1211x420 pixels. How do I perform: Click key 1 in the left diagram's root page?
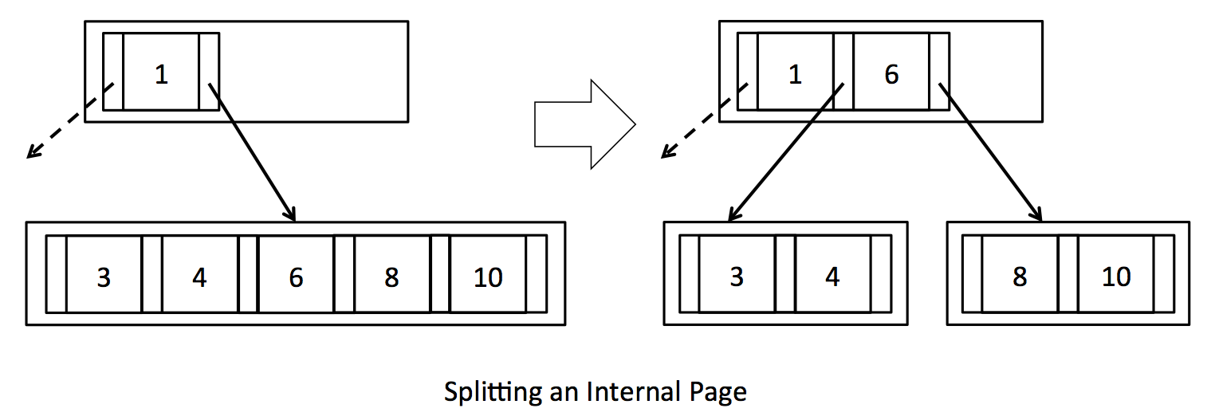(x=161, y=74)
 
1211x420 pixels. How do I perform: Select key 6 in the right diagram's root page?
(x=891, y=74)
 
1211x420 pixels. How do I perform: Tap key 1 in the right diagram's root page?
(x=795, y=74)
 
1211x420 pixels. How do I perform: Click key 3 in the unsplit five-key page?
(x=104, y=277)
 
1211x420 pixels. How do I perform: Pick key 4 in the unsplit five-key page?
(x=199, y=277)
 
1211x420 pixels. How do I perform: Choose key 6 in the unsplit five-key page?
(x=296, y=277)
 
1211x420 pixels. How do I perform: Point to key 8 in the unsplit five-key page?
(x=391, y=277)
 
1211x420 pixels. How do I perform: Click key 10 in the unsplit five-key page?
(x=488, y=277)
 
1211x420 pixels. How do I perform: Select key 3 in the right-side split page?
(x=737, y=277)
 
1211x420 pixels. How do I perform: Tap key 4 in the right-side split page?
(x=832, y=277)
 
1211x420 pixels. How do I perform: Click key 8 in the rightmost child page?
(x=1020, y=277)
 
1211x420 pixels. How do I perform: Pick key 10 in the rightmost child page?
(x=1116, y=277)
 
